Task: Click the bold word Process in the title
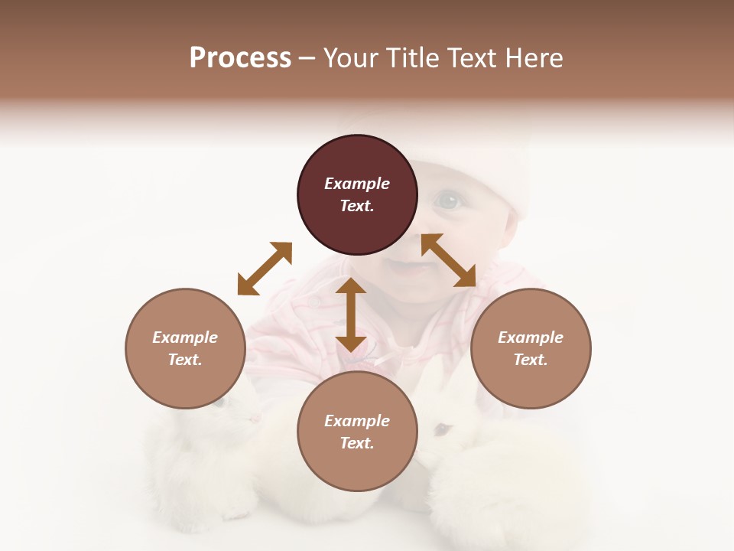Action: (240, 58)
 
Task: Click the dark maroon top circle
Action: (357, 195)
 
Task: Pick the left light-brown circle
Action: (185, 348)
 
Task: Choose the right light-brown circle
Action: (531, 348)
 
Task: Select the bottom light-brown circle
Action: (357, 432)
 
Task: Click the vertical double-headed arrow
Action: (351, 315)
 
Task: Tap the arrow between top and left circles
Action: (265, 269)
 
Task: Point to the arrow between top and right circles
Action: (448, 260)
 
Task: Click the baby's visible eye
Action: (449, 201)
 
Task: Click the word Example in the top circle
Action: (357, 184)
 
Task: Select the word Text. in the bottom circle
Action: (357, 443)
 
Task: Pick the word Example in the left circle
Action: (185, 337)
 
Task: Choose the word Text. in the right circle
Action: (531, 360)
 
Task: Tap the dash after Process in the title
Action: (307, 58)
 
